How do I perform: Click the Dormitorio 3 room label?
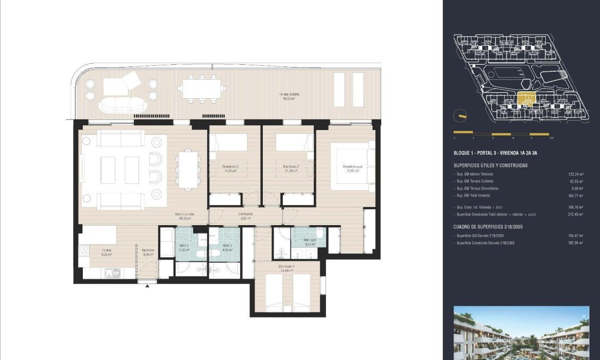pos(230,167)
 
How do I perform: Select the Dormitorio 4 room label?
pos(286,267)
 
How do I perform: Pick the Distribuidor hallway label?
pos(245,215)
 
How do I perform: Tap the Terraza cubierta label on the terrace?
pos(288,96)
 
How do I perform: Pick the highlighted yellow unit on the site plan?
pos(526,98)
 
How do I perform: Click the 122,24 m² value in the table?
pos(576,174)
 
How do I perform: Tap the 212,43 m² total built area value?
pos(576,214)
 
